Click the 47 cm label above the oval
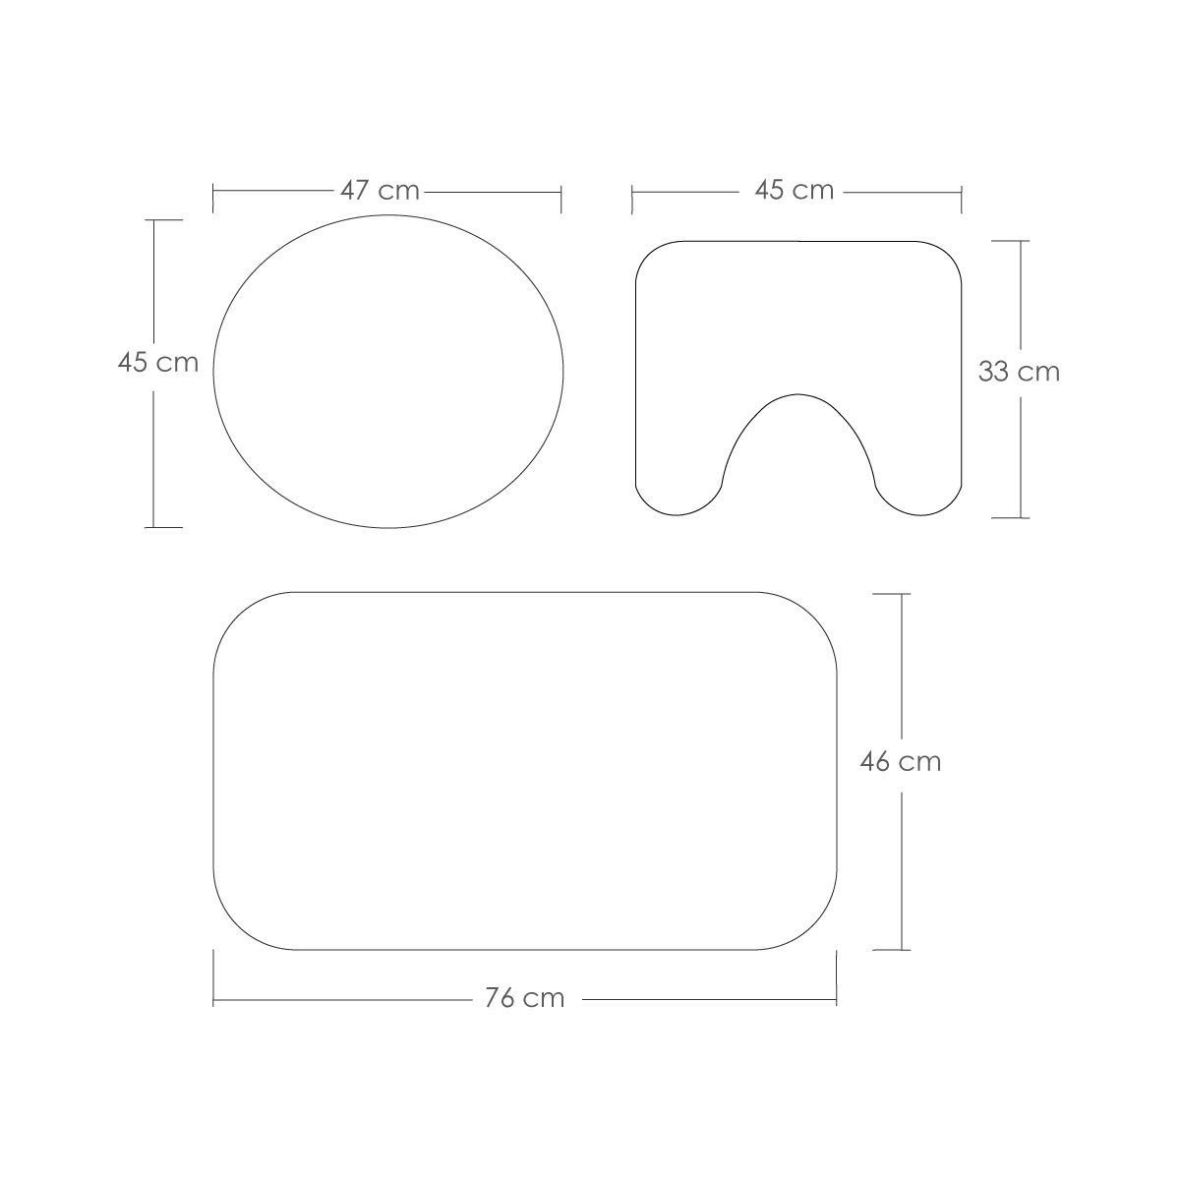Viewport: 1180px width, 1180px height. click(380, 191)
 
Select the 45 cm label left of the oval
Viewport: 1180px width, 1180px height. click(158, 363)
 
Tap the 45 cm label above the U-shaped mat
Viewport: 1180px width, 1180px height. click(795, 191)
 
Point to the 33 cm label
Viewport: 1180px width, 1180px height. click(1019, 372)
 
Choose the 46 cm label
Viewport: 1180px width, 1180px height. click(901, 762)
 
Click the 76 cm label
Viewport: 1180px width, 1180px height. click(525, 998)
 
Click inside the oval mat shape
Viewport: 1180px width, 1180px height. click(388, 371)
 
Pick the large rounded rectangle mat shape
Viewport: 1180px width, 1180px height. click(525, 771)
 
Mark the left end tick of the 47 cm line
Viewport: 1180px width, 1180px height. click(213, 199)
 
